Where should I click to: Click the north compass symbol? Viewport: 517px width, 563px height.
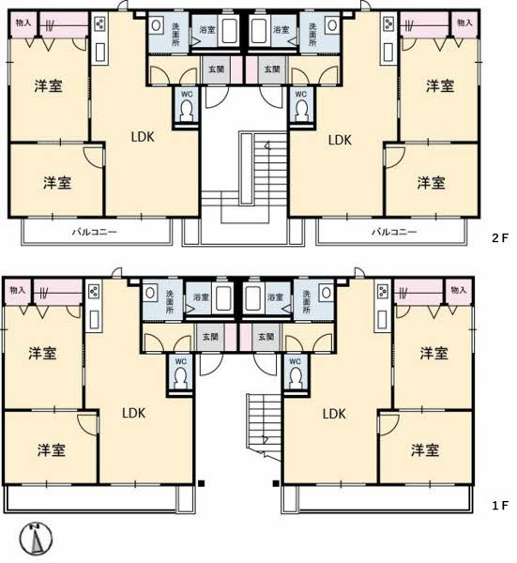tap(34, 538)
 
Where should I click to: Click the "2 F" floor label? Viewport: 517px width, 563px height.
tap(499, 238)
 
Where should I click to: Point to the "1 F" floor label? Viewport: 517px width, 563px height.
tap(499, 505)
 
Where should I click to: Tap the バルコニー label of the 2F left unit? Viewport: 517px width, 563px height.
tap(95, 231)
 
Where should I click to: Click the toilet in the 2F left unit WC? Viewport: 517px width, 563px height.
tap(187, 111)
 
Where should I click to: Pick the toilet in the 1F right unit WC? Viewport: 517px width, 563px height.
tap(297, 376)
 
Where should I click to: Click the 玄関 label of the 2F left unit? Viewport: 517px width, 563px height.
tap(216, 68)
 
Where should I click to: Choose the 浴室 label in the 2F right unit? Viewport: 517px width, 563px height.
tap(280, 30)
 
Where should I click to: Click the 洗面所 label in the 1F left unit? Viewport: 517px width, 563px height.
tap(170, 300)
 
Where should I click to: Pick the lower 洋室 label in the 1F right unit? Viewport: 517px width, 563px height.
tap(424, 449)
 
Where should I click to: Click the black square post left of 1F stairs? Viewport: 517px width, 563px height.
tap(202, 484)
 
